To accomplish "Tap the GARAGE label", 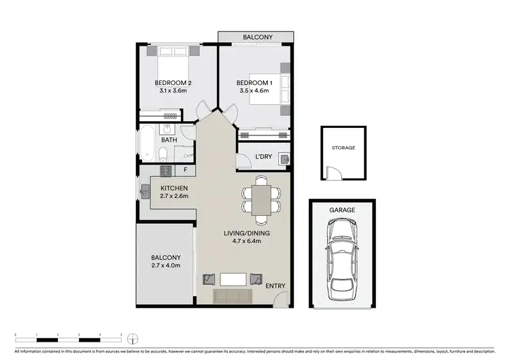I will [x=343, y=211].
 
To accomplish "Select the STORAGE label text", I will [x=343, y=146].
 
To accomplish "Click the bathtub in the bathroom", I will [x=146, y=144].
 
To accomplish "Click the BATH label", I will [x=169, y=140].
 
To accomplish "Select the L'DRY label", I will [x=264, y=157].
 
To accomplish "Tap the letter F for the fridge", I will [x=184, y=169].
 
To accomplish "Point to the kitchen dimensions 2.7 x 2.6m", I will [x=173, y=197].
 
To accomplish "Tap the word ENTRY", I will [x=275, y=286].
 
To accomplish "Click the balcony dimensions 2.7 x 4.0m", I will [x=165, y=265].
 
